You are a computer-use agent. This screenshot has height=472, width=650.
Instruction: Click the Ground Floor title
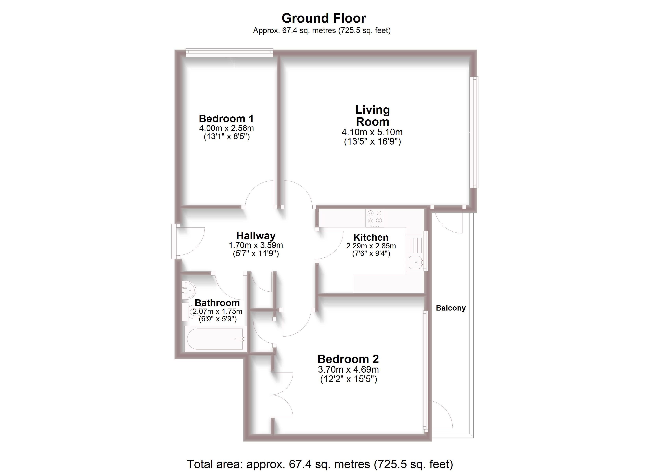point(324,18)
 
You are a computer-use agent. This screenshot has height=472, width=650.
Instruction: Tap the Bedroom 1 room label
point(226,119)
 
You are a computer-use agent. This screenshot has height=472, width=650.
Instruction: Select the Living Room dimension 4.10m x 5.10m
point(372,132)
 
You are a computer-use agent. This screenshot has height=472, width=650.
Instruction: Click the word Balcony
point(450,308)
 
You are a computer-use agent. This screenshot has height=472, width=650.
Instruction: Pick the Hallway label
point(256,236)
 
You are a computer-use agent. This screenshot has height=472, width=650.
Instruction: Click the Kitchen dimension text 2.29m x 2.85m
point(371,246)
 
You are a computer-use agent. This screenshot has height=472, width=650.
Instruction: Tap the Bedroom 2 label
point(348,359)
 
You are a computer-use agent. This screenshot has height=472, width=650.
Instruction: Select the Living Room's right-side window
point(474,132)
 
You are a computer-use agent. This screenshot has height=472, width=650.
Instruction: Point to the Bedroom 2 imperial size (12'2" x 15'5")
point(348,379)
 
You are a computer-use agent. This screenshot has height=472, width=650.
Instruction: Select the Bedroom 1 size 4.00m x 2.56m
point(226,128)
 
